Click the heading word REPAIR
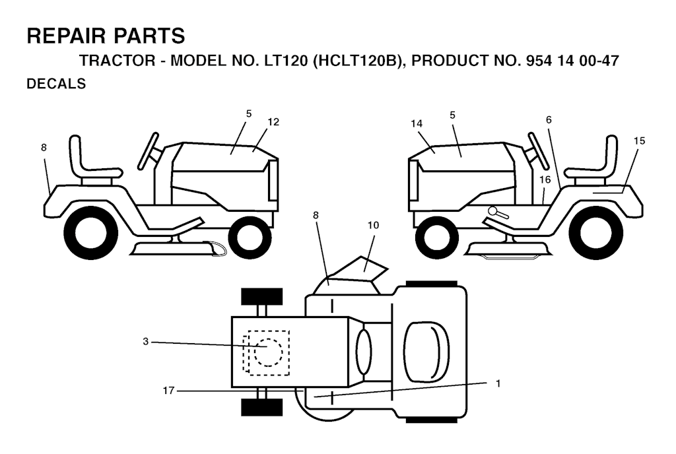coord(67,36)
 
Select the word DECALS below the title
coord(57,84)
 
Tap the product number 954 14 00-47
coord(572,61)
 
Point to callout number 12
coord(273,122)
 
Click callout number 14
coord(417,124)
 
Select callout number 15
coord(639,141)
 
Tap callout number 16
coord(545,179)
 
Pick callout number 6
coord(549,120)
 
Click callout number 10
coord(374,225)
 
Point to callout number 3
coord(146,342)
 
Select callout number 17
coord(168,391)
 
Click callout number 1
coord(498,383)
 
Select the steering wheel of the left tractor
coord(148,151)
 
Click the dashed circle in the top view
coord(268,352)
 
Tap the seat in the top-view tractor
coord(426,352)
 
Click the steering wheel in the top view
coord(363,352)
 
